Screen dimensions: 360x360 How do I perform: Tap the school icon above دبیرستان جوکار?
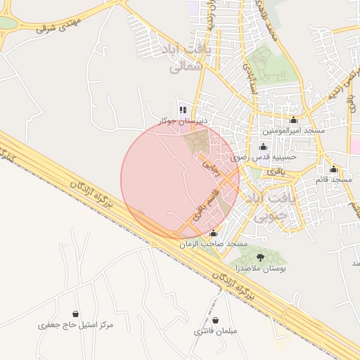pyautogui.click(x=184, y=110)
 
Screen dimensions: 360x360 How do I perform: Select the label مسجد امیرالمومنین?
pyautogui.click(x=293, y=131)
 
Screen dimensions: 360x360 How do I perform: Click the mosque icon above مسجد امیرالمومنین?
pyautogui.click(x=293, y=120)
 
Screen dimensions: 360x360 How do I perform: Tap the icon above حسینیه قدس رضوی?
pyautogui.click(x=264, y=146)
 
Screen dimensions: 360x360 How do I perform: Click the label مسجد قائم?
pyautogui.click(x=333, y=180)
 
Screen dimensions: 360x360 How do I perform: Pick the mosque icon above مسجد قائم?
pyautogui.click(x=333, y=169)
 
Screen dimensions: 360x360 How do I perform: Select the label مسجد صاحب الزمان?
pyautogui.click(x=214, y=243)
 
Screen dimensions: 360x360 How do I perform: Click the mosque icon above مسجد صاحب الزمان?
pyautogui.click(x=214, y=233)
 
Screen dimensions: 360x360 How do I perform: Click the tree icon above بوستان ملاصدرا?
pyautogui.click(x=262, y=257)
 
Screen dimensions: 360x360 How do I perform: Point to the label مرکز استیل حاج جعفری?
pyautogui.click(x=75, y=326)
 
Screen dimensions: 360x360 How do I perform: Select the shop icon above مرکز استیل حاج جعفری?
pyautogui.click(x=75, y=314)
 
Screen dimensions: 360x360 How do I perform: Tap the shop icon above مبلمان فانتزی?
pyautogui.click(x=216, y=320)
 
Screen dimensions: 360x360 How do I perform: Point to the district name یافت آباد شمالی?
pyautogui.click(x=186, y=58)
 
